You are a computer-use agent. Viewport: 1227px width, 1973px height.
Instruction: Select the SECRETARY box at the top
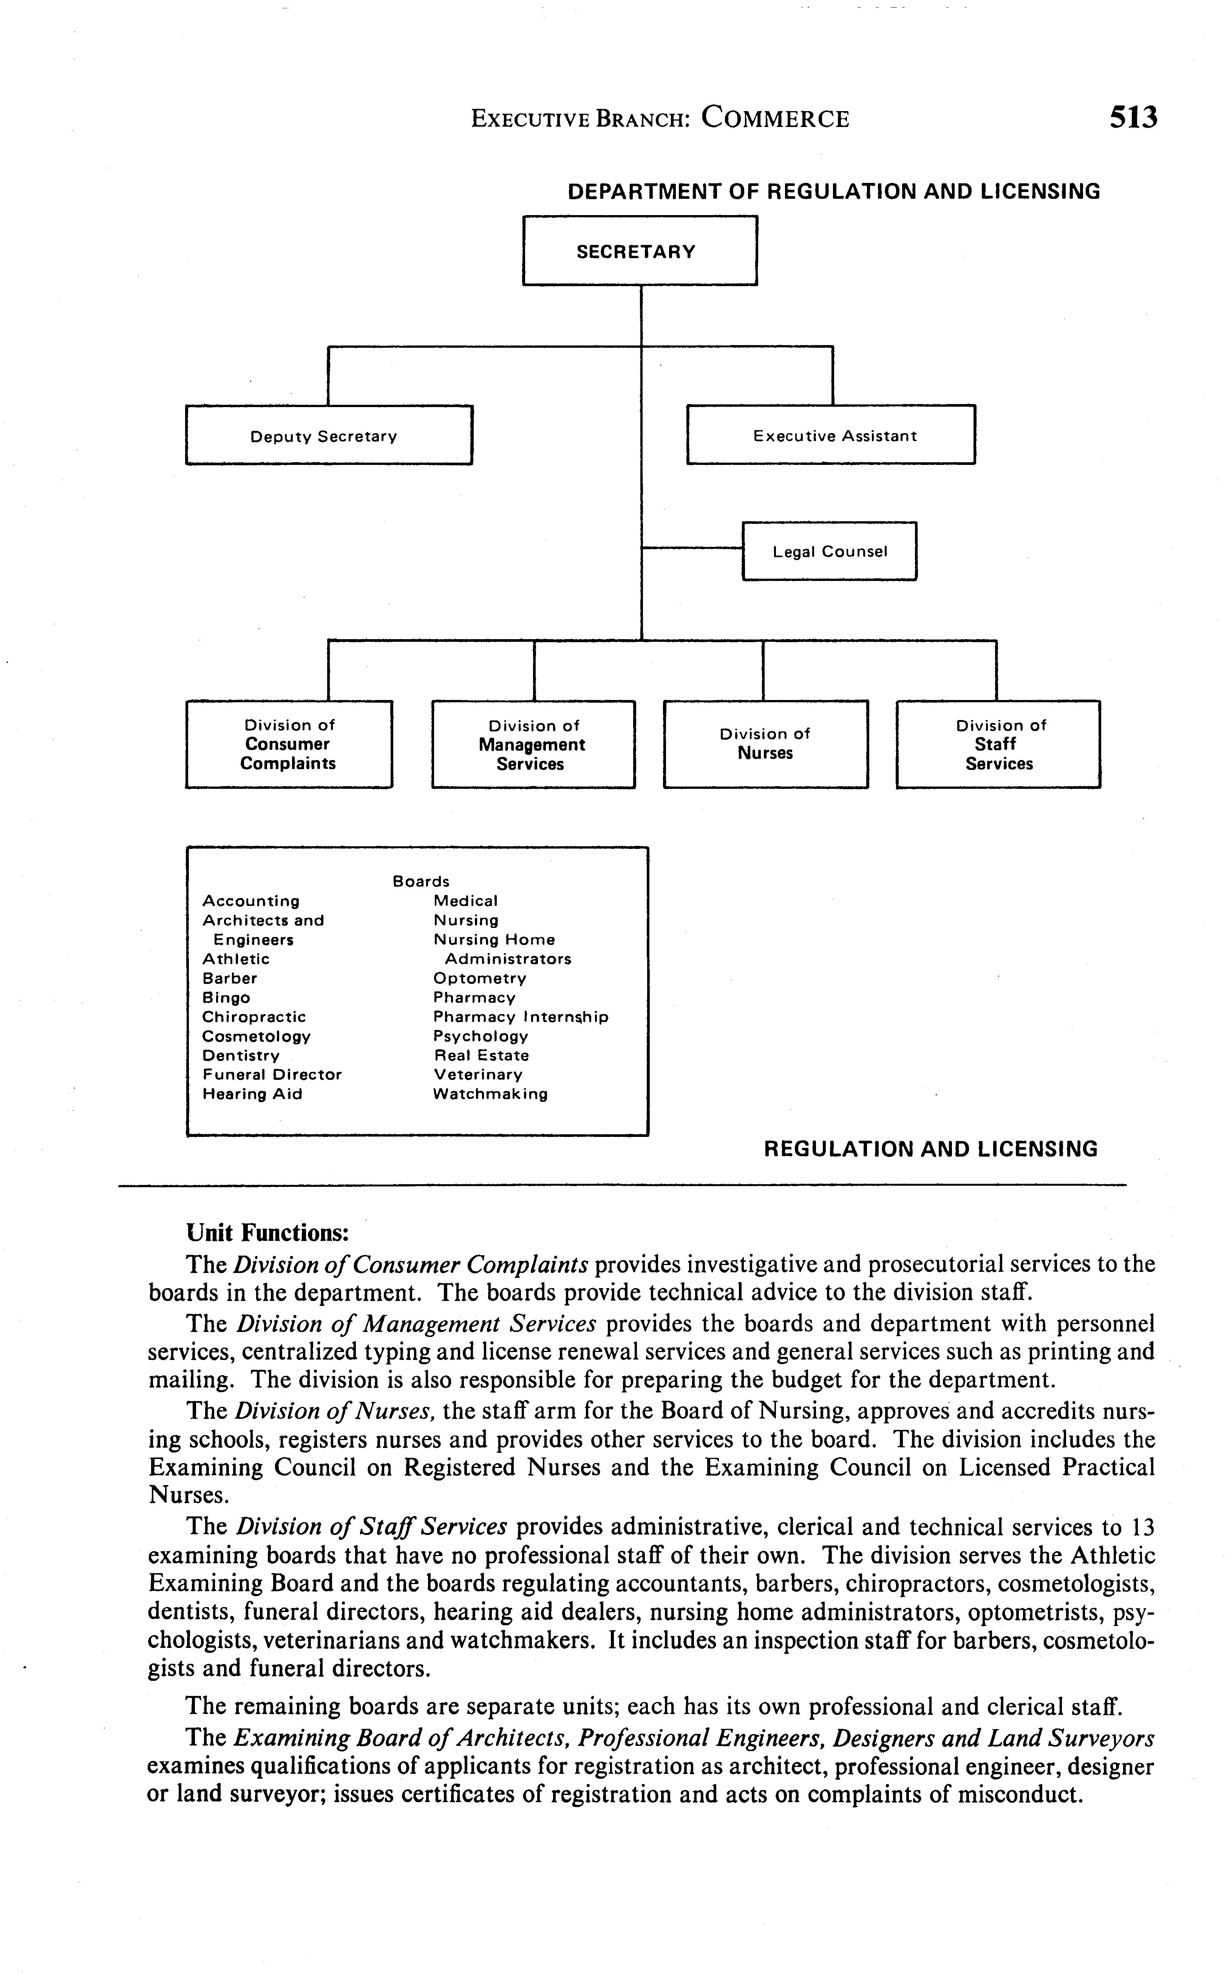(640, 251)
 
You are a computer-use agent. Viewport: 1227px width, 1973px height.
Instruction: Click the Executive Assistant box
(831, 435)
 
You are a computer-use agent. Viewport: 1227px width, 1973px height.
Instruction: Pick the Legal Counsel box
(829, 551)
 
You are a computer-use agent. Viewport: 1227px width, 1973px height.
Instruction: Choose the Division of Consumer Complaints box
(289, 744)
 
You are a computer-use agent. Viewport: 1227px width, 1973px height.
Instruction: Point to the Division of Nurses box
(765, 744)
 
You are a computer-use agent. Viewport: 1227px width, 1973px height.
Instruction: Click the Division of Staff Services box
(998, 744)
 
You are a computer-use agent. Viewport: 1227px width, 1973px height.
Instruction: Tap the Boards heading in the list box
(420, 881)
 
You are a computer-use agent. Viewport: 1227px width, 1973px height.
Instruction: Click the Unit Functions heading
(268, 1233)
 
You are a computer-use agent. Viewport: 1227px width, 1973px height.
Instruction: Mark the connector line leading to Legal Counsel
(691, 549)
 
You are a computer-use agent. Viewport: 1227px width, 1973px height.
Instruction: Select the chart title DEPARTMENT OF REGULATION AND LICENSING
(833, 192)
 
